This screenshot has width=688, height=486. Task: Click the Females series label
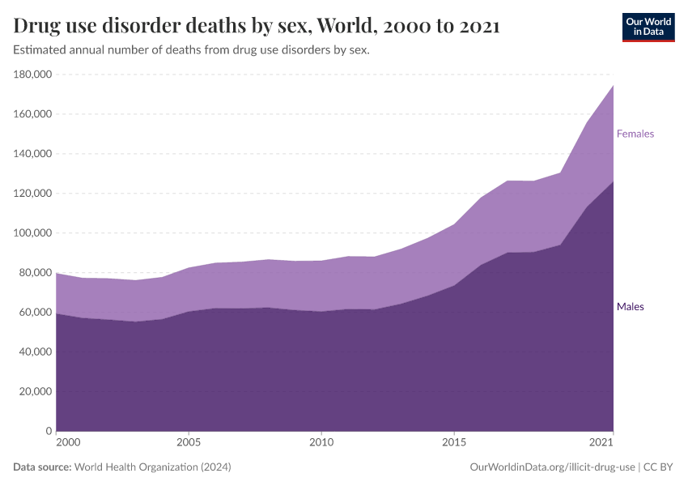[x=635, y=134]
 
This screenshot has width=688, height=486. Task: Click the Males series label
[x=630, y=307]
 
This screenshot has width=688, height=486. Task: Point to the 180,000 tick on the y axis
[x=33, y=75]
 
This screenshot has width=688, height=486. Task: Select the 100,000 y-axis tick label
[x=33, y=233]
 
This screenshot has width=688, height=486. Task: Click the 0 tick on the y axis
[x=49, y=431]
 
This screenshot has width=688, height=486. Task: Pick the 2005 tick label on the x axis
[x=189, y=443]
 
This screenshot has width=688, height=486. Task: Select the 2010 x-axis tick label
[x=321, y=443]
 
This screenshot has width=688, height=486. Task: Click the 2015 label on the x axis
[x=454, y=443]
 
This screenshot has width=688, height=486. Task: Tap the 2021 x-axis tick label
[x=601, y=443]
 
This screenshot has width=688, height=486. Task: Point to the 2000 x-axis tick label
[x=68, y=443]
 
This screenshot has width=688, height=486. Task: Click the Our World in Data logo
[x=648, y=27]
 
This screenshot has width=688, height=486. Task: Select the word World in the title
[x=346, y=27]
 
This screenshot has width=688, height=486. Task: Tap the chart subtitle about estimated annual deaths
[x=191, y=50]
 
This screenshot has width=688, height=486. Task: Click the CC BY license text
[x=658, y=467]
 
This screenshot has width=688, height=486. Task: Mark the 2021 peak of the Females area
[x=613, y=86]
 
